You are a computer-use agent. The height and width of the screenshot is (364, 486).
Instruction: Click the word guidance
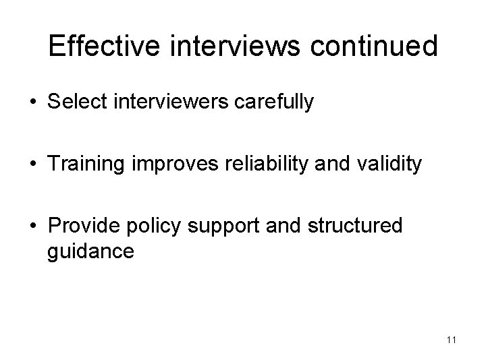coord(91,251)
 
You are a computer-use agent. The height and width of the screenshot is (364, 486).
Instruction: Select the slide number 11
coord(451,340)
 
